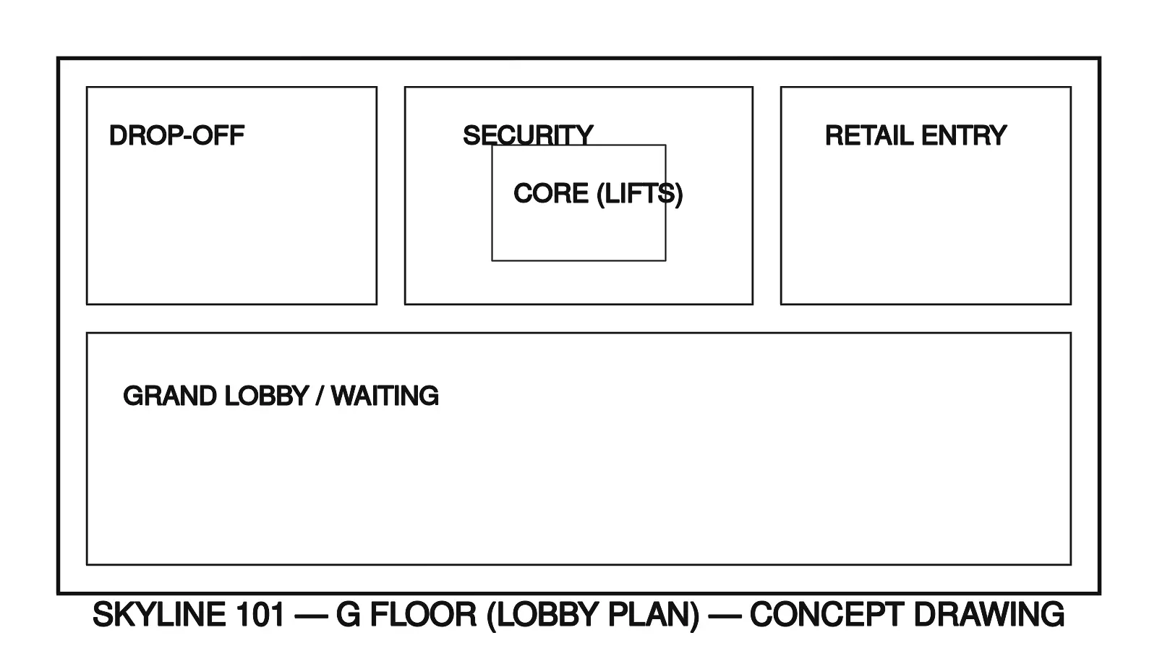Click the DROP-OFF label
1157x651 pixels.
point(176,136)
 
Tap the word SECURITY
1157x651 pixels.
point(527,135)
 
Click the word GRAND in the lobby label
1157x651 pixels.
point(170,396)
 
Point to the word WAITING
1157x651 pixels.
point(385,396)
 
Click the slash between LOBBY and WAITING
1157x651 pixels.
point(320,396)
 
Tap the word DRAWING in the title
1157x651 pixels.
point(989,615)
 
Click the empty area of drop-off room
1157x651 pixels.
point(231,231)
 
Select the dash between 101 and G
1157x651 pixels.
point(310,615)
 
